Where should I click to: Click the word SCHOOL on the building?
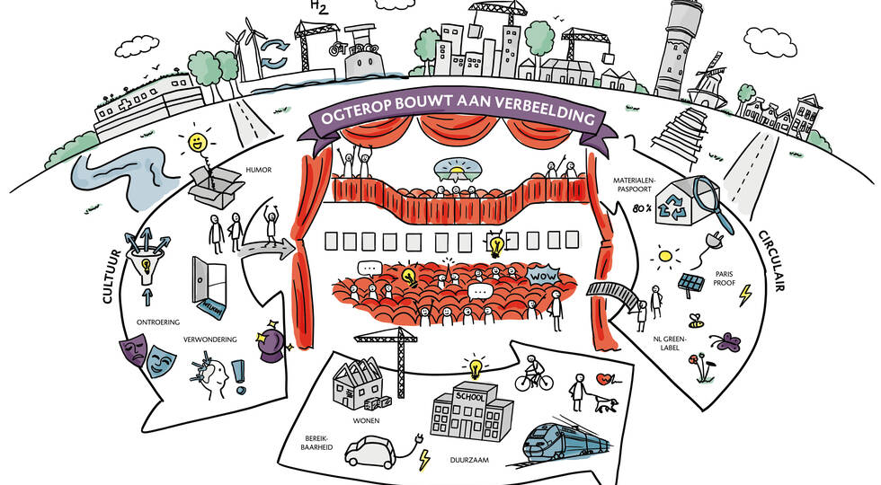470,397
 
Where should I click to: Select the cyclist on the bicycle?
534,373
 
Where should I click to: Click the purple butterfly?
725,340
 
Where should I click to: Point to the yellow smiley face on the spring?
196,142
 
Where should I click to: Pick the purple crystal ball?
271,341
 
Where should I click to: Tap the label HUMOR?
259,170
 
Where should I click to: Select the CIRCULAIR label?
771,260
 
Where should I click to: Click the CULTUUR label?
111,277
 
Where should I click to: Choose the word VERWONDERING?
209,339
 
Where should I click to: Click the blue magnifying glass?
711,202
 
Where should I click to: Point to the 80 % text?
642,208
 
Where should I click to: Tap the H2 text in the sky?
319,7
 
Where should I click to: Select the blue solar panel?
690,282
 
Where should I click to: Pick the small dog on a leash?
606,403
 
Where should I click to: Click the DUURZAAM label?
469,460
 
